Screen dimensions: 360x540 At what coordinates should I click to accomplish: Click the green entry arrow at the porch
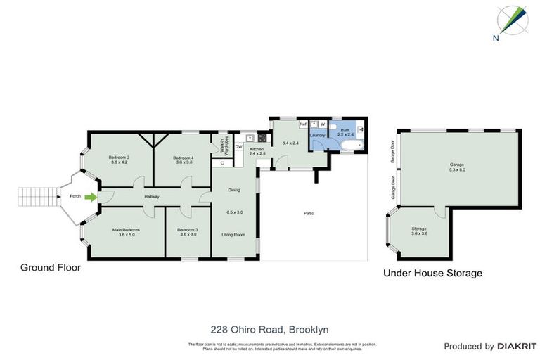[x=89, y=197]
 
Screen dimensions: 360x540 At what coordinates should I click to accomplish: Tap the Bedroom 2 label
[x=119, y=157]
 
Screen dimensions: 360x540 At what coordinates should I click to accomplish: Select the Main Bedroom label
[x=126, y=230]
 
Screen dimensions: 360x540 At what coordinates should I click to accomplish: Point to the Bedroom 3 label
[x=188, y=230]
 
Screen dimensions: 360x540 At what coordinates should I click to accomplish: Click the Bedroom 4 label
[x=184, y=157]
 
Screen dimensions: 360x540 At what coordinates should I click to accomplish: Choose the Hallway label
[x=152, y=197]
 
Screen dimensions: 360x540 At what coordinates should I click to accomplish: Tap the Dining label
[x=233, y=189]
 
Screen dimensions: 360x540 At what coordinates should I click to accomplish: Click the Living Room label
[x=233, y=234]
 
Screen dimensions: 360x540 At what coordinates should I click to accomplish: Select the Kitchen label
[x=256, y=149]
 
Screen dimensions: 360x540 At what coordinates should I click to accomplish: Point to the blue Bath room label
[x=345, y=130]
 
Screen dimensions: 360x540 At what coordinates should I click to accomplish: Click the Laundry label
[x=317, y=135]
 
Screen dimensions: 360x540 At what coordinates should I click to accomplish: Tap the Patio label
[x=308, y=213]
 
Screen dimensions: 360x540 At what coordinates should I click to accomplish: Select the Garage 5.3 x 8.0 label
[x=458, y=165]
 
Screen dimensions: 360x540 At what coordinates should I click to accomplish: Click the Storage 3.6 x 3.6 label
[x=419, y=229]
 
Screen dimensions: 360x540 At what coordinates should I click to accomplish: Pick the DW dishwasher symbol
[x=239, y=146]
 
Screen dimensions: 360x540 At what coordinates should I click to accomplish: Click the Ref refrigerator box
[x=302, y=124]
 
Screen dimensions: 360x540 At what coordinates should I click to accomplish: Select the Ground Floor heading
[x=51, y=267]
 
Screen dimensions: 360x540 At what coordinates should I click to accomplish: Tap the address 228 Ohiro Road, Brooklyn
[x=270, y=328]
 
